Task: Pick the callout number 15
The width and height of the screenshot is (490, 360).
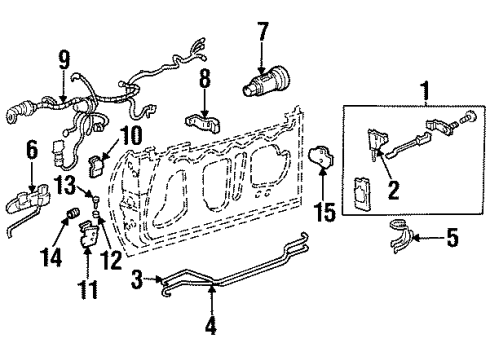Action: coord(323,213)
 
